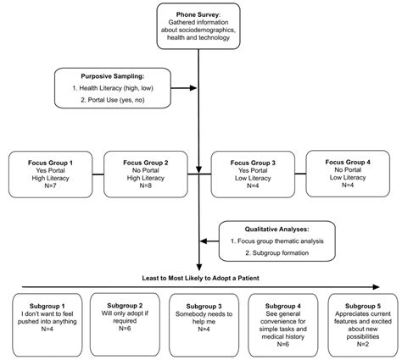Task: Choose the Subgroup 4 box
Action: [278, 319]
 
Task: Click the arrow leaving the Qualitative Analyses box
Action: [210, 238]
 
